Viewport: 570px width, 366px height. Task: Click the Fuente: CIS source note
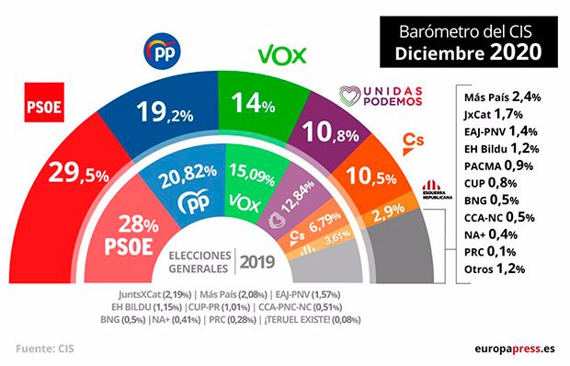click(x=46, y=349)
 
